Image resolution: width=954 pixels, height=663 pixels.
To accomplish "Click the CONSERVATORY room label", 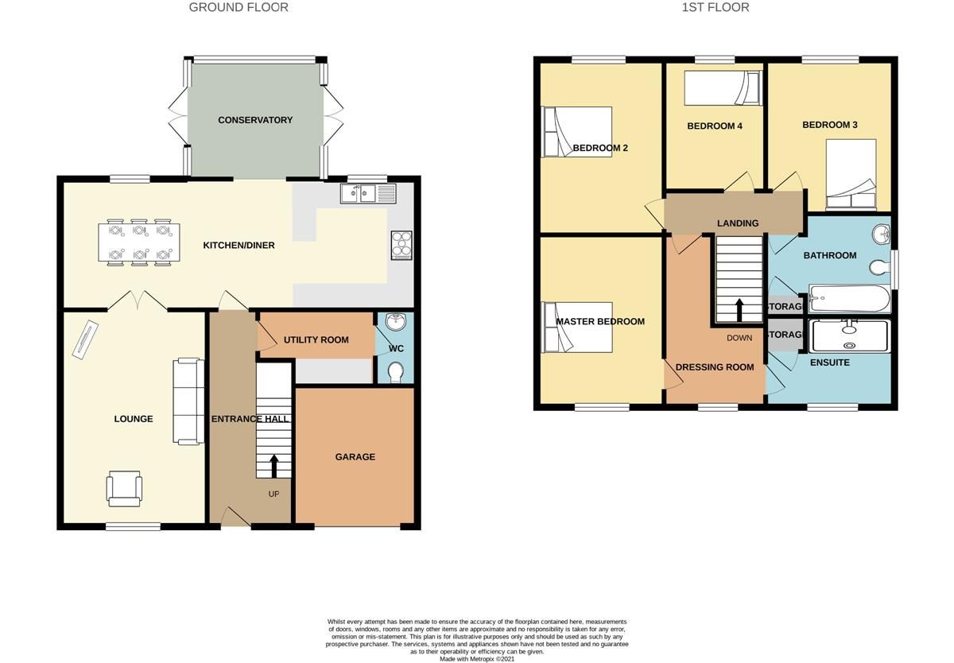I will [255, 120].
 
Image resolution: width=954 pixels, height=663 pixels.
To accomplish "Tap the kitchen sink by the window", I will [367, 193].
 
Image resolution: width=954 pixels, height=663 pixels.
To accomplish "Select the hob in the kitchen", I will [401, 245].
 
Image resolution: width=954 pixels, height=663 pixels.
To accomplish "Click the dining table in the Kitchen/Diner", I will [139, 242].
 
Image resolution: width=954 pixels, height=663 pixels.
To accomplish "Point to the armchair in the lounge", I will [125, 487].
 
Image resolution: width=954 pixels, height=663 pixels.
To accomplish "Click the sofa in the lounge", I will [189, 401].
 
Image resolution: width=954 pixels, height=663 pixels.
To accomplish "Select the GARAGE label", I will [355, 457].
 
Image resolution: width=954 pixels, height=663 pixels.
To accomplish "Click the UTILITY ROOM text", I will [316, 339].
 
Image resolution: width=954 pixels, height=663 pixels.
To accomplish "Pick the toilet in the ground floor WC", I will [394, 371].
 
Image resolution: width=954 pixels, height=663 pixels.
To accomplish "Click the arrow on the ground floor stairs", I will [274, 466].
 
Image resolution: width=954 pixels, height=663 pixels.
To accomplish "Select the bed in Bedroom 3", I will [851, 175].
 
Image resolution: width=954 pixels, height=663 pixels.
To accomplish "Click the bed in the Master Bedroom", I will [577, 327].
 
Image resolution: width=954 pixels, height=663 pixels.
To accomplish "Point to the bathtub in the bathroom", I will [848, 299].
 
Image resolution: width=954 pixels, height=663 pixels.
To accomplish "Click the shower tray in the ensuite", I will [848, 335].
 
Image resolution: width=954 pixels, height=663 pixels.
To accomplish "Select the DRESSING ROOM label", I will [715, 367].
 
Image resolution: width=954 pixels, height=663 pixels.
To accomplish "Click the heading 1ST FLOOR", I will [715, 7].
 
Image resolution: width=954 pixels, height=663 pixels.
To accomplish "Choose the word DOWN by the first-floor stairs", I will [739, 338].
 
